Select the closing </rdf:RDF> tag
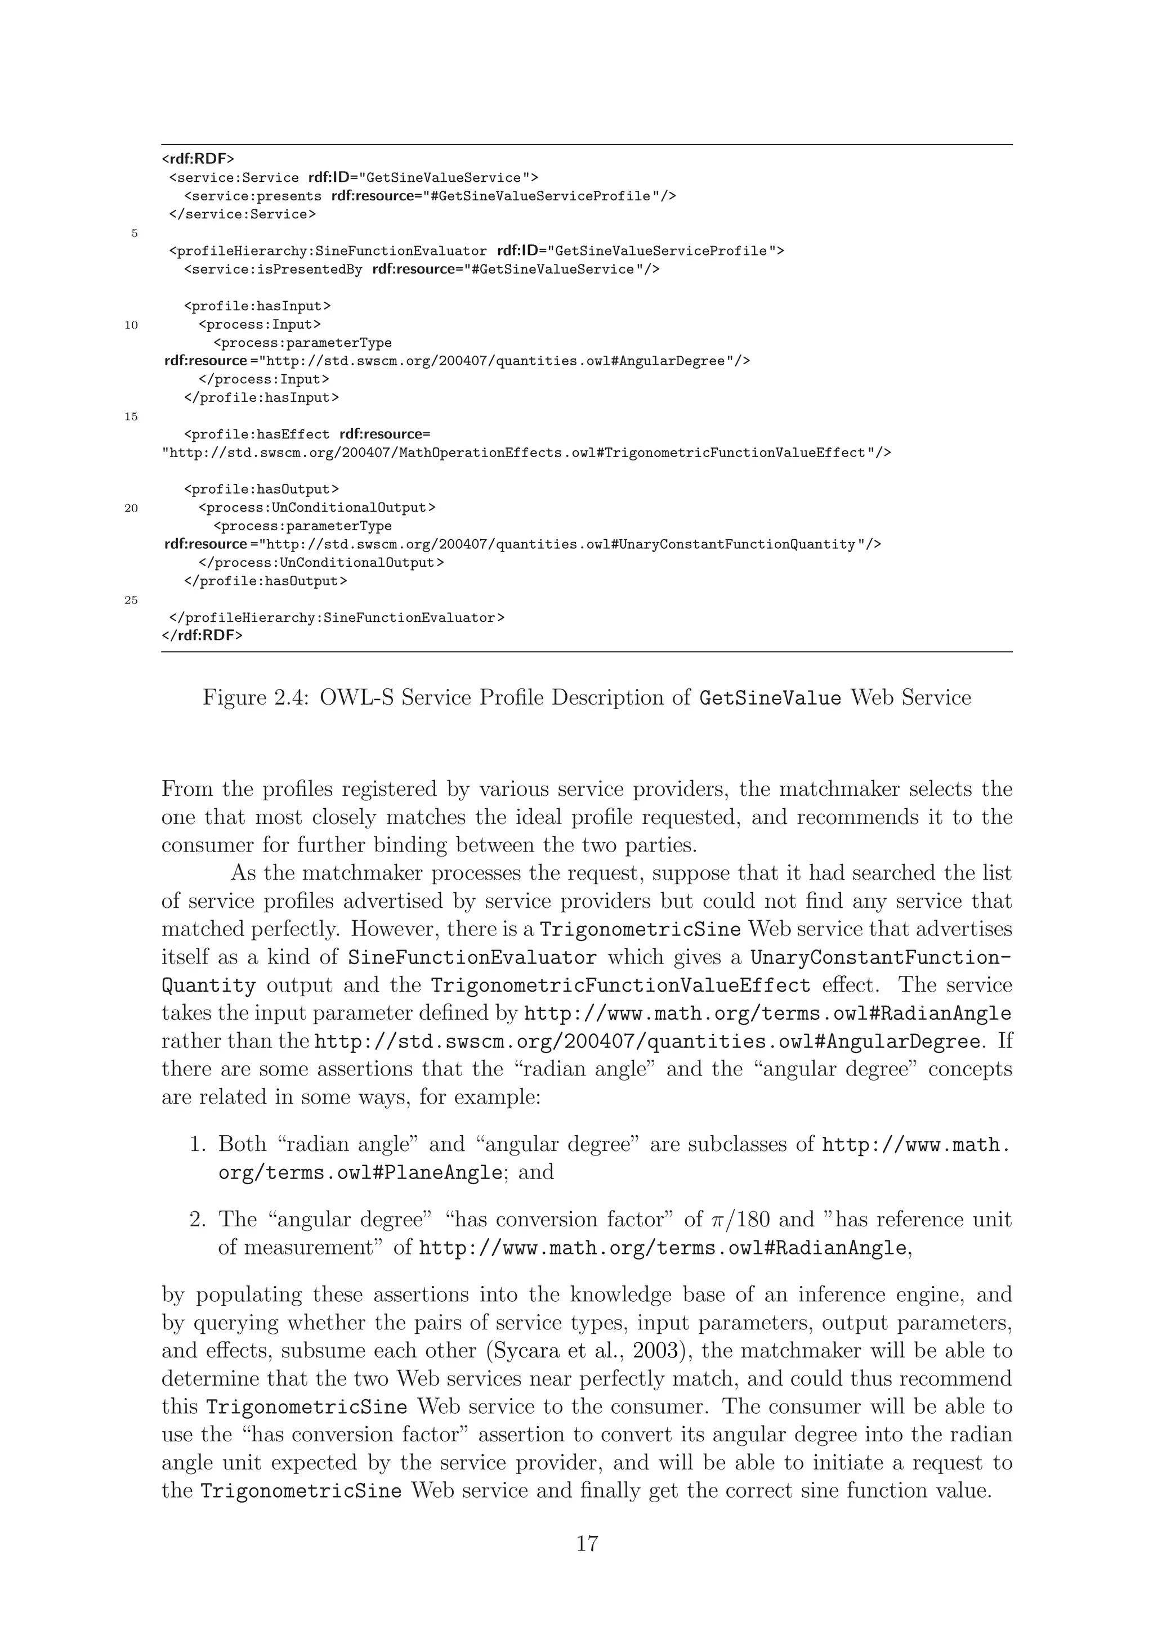(x=203, y=635)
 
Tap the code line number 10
(x=131, y=325)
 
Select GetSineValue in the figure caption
(x=770, y=697)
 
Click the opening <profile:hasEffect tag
(x=257, y=434)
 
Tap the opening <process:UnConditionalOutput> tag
(x=317, y=508)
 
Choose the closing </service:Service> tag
(x=242, y=214)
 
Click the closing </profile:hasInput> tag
(x=261, y=398)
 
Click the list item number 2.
(x=198, y=1220)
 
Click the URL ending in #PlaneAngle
(x=360, y=1173)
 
